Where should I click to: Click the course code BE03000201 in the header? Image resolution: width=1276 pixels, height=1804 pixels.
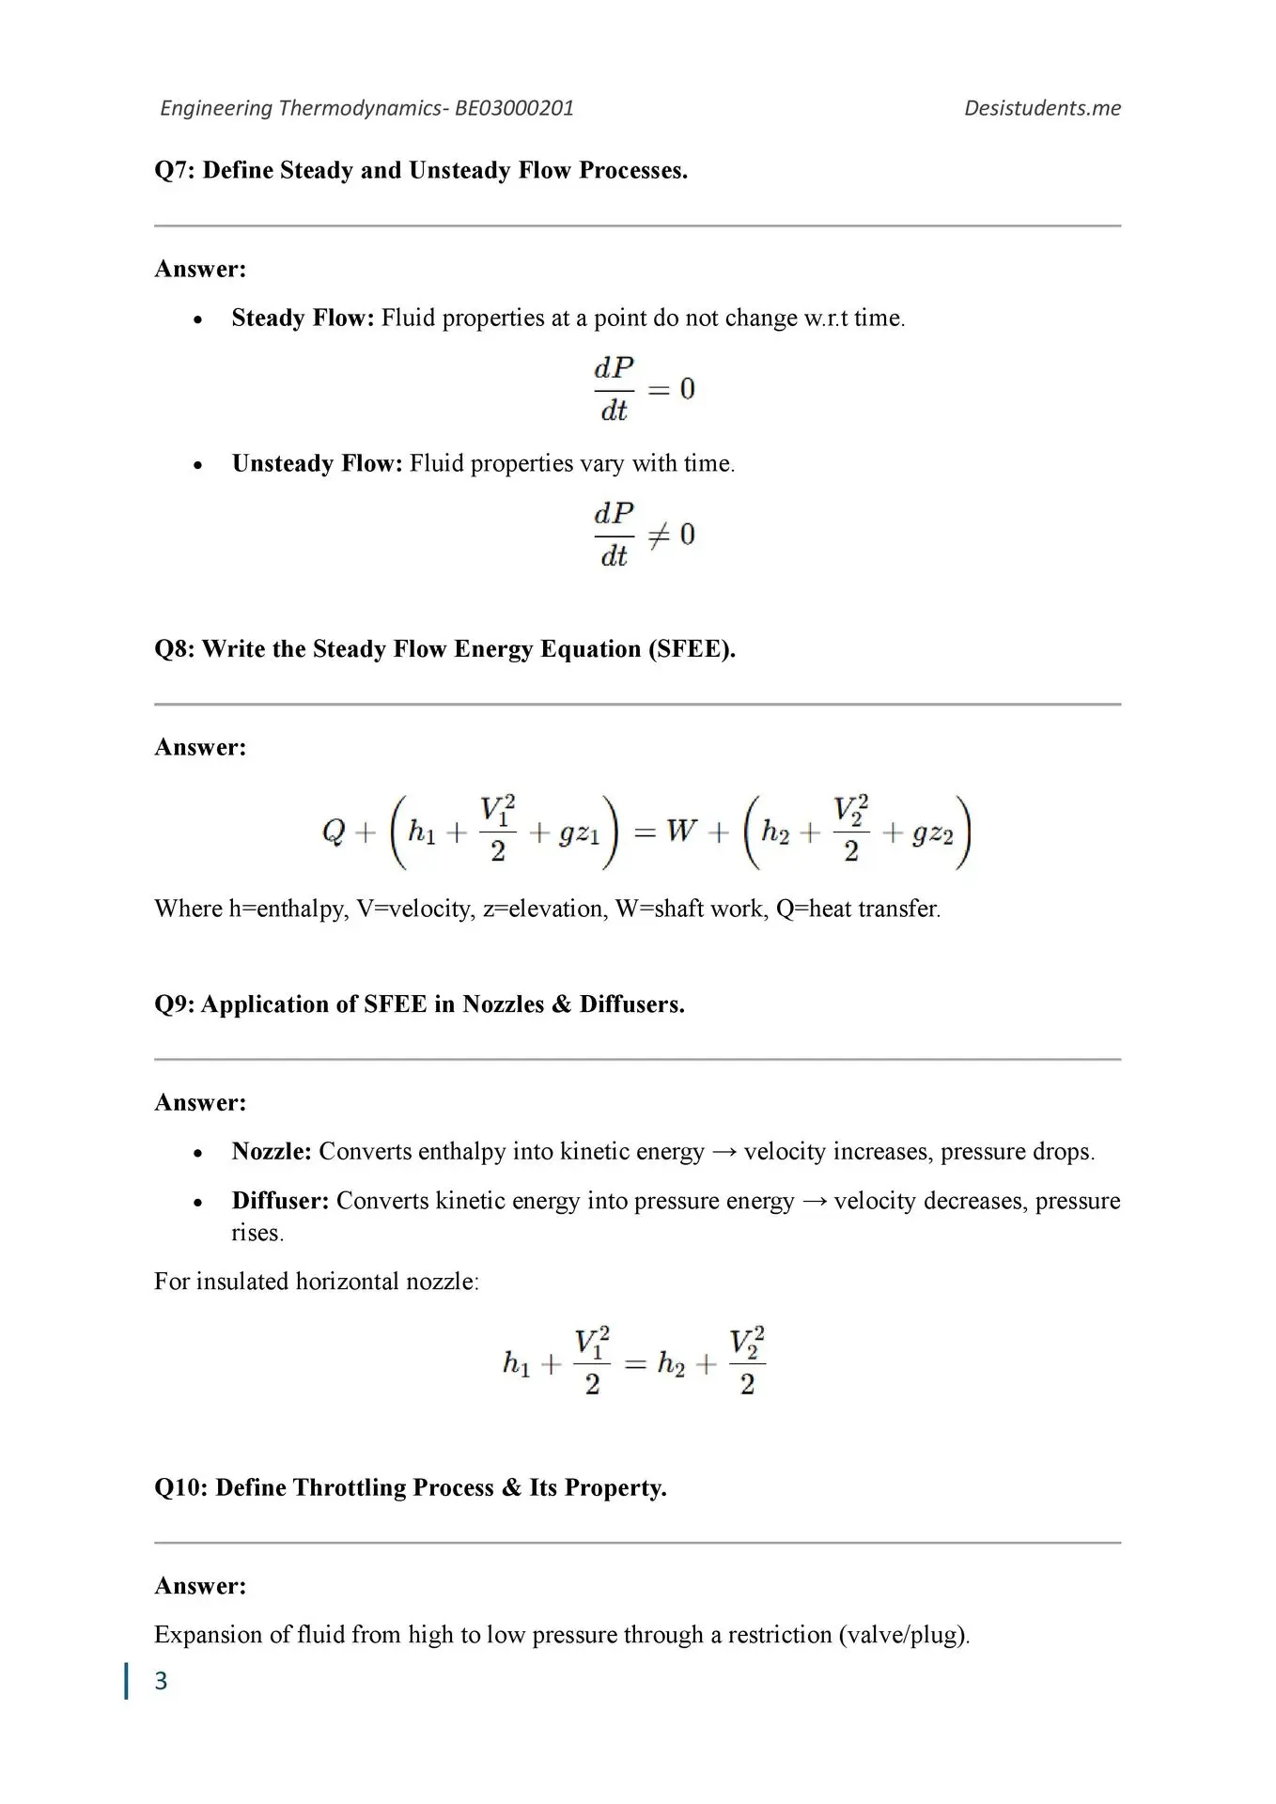[x=514, y=108]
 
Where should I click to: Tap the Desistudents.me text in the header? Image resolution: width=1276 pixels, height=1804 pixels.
[x=1042, y=108]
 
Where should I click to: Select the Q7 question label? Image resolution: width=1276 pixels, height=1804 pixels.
[x=175, y=170]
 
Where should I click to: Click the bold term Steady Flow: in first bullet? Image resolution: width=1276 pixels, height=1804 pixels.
[x=303, y=318]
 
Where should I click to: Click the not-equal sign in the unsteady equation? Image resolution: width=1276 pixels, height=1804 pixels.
[x=660, y=536]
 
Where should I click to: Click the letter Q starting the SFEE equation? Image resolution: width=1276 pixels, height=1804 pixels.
[x=334, y=832]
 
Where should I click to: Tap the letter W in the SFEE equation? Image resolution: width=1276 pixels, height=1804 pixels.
[x=681, y=831]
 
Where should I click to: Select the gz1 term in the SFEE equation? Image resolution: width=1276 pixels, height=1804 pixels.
[x=579, y=833]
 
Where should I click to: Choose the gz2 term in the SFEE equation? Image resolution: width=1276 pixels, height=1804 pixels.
[x=932, y=833]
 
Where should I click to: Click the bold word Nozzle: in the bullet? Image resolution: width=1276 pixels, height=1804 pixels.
[x=272, y=1151]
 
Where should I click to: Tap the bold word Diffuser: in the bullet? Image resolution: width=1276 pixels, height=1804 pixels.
[x=280, y=1201]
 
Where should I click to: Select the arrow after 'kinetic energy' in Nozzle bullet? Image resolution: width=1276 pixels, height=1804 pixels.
[x=724, y=1152]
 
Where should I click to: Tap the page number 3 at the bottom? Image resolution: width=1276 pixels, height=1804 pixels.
[x=161, y=1680]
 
